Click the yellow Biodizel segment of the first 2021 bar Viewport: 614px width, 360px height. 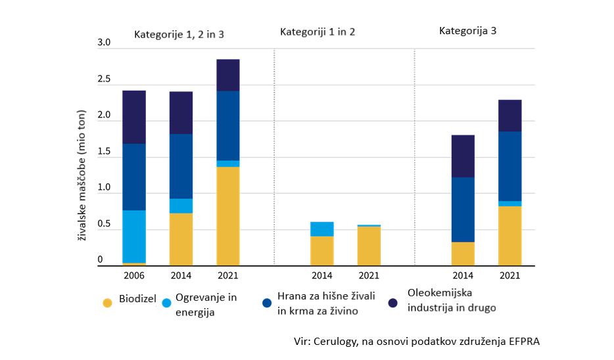pyautogui.click(x=228, y=215)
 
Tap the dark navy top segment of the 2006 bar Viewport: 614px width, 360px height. pyautogui.click(x=134, y=117)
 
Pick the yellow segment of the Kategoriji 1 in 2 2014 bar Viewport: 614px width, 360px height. pyautogui.click(x=321, y=250)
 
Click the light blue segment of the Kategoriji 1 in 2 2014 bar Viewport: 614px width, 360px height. pyautogui.click(x=321, y=229)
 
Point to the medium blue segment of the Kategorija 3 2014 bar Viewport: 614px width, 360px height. pyautogui.click(x=463, y=210)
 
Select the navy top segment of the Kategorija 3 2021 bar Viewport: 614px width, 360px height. pyautogui.click(x=510, y=116)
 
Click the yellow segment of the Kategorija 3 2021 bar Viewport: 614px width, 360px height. pyautogui.click(x=510, y=235)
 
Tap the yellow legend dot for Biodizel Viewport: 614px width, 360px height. pyautogui.click(x=106, y=303)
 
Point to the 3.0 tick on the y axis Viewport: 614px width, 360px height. pyautogui.click(x=105, y=43)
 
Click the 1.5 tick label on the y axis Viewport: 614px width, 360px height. pyautogui.click(x=105, y=152)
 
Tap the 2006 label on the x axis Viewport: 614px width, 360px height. pyautogui.click(x=134, y=275)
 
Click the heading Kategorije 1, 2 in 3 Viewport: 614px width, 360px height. pyautogui.click(x=179, y=34)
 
